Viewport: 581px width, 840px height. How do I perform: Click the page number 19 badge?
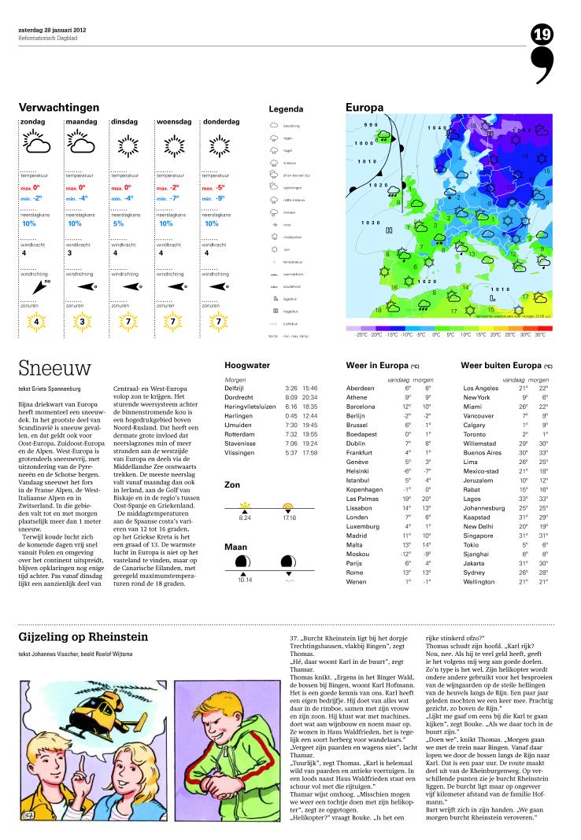click(x=542, y=34)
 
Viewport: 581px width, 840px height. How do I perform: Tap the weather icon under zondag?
click(x=37, y=144)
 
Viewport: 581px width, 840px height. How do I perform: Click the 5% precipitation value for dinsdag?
click(x=118, y=224)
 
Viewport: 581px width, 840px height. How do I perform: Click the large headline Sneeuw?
click(x=55, y=368)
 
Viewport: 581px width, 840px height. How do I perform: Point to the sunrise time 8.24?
click(x=243, y=517)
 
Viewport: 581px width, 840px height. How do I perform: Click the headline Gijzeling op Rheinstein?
click(x=83, y=636)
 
